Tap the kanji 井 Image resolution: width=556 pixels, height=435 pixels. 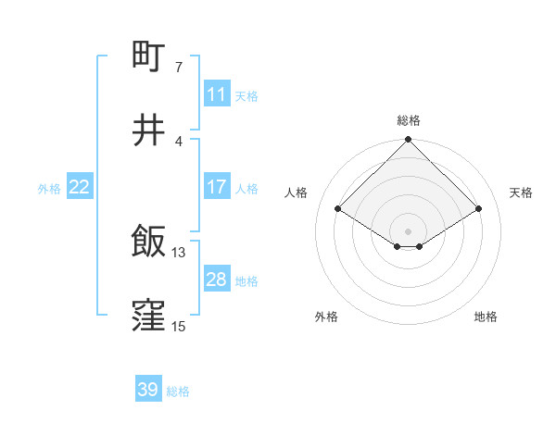pyautogui.click(x=149, y=131)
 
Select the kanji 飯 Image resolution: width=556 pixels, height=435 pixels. pyautogui.click(x=149, y=242)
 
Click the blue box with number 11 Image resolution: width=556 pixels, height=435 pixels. pyautogui.click(x=217, y=94)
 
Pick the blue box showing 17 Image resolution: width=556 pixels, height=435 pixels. pyautogui.click(x=217, y=187)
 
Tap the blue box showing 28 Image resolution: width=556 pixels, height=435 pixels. pyautogui.click(x=217, y=280)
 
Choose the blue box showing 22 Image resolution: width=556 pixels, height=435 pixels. pyautogui.click(x=80, y=187)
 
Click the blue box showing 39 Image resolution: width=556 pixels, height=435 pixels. pyautogui.click(x=148, y=390)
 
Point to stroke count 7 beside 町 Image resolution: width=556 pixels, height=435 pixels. pyautogui.click(x=178, y=68)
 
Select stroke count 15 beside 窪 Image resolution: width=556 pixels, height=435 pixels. pyautogui.click(x=179, y=326)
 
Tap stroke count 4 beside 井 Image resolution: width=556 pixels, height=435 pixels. pyautogui.click(x=178, y=141)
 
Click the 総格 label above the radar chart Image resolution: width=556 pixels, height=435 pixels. pyautogui.click(x=409, y=120)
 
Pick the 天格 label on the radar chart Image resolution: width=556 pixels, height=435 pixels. pyautogui.click(x=521, y=193)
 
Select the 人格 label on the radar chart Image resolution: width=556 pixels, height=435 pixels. pyautogui.click(x=297, y=193)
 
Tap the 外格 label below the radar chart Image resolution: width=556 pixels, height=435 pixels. pyautogui.click(x=326, y=317)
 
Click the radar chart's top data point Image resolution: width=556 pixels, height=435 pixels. pyautogui.click(x=409, y=141)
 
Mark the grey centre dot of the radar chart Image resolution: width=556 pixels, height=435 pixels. pyautogui.click(x=409, y=230)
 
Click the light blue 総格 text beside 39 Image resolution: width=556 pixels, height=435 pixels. pyautogui.click(x=178, y=391)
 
